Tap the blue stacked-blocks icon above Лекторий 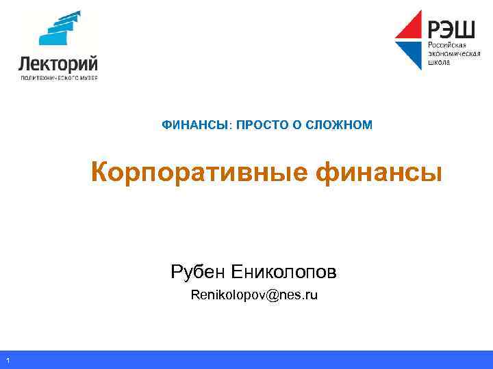pos(60,31)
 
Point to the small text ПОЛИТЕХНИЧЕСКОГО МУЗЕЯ pos(58,78)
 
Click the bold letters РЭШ pos(453,29)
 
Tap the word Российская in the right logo pos(446,44)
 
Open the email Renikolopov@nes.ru pos(254,295)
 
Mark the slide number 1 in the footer pos(6,361)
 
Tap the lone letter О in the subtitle pos(292,125)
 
